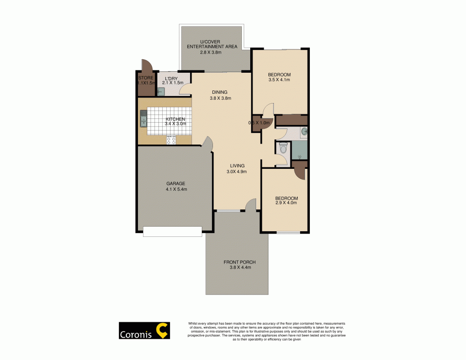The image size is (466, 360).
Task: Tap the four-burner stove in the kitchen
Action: [x=171, y=139]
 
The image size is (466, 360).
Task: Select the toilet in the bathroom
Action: [x=282, y=149]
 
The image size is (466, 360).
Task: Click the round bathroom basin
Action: [x=304, y=132]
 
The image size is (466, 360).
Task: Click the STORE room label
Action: [x=145, y=78]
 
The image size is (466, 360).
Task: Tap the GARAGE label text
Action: [x=176, y=184]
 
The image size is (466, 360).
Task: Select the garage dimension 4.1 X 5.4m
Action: [x=176, y=189]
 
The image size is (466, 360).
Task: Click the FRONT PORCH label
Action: [x=240, y=262]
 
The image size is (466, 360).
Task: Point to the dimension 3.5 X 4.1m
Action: [x=279, y=80]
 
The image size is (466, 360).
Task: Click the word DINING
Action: [x=219, y=92]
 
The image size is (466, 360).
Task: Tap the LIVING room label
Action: [x=237, y=166]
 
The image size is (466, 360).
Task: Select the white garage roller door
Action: [x=172, y=231]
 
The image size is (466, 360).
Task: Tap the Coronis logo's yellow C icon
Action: [x=162, y=330]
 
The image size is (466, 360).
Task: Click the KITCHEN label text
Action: [x=175, y=119]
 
